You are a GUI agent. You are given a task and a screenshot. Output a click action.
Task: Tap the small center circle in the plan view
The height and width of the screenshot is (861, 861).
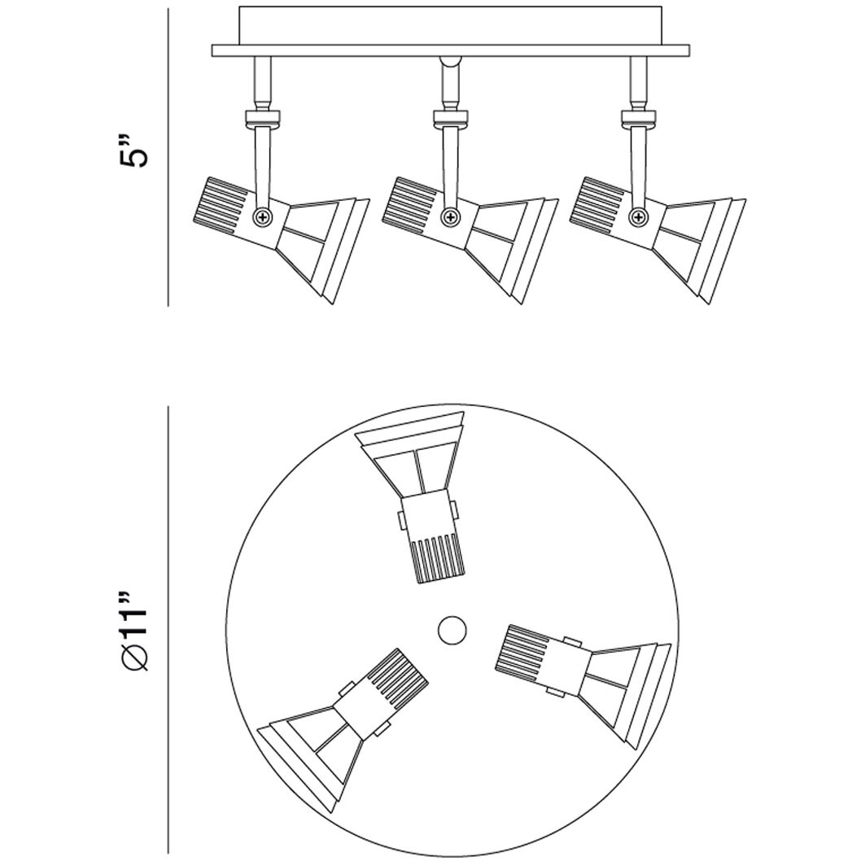451,628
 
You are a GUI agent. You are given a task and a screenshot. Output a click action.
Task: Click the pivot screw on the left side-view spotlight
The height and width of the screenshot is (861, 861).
263,216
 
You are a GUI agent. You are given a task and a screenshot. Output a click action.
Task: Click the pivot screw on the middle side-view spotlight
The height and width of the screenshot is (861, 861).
449,216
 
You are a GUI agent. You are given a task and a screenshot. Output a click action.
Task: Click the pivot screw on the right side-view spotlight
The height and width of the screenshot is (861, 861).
640,216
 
